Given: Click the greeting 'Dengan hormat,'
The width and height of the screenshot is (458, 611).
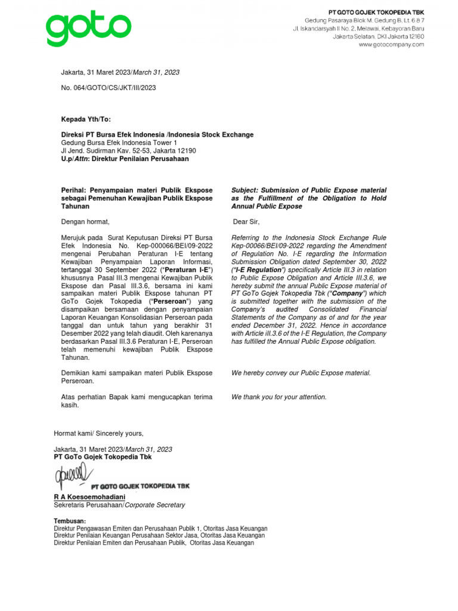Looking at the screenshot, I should [x=86, y=223].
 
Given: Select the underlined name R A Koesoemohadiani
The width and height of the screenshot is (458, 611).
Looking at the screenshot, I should [x=89, y=496].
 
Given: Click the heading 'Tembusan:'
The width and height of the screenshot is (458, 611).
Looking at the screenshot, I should [x=70, y=521].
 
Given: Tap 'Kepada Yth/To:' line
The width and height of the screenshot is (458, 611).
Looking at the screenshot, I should [x=86, y=119].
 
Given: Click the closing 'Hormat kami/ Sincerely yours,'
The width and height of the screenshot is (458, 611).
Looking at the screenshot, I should [x=98, y=433].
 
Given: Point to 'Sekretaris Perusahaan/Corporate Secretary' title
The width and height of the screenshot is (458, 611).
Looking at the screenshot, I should [x=119, y=505].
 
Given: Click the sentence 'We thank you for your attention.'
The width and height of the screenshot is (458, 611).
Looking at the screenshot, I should [x=278, y=397].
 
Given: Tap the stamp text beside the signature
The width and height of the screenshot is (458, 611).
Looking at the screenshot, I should [x=140, y=486].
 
